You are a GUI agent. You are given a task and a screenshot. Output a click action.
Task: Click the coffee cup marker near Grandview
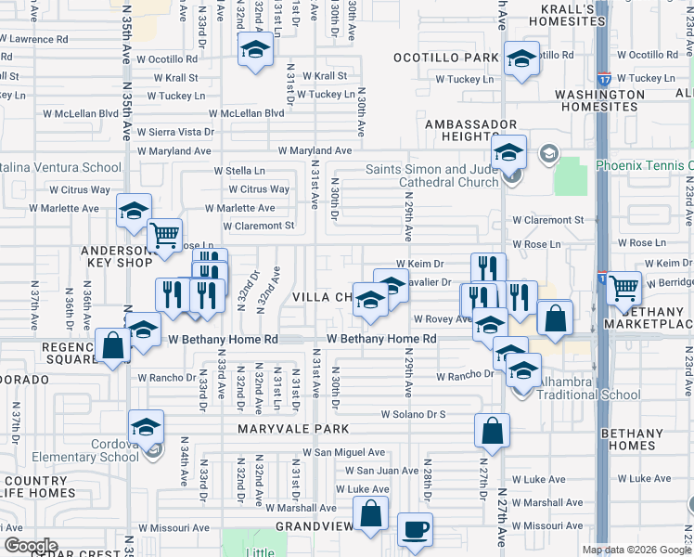click(415, 529)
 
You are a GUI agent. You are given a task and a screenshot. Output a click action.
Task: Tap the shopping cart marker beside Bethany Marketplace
click(624, 288)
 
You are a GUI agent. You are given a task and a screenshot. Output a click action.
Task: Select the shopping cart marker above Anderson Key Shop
click(165, 236)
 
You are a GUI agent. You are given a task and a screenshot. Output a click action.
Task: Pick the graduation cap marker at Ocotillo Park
click(521, 58)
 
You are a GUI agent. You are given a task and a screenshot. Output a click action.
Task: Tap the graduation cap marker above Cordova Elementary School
click(146, 427)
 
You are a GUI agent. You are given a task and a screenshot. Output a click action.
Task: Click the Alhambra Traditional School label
click(584, 393)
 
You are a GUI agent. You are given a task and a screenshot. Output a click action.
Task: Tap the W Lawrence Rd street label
click(34, 40)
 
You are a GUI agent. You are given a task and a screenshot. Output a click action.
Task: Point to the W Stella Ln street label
click(239, 171)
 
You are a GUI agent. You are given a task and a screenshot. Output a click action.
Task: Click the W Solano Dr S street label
click(413, 414)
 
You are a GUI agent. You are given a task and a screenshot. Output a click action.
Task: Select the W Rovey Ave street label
click(443, 318)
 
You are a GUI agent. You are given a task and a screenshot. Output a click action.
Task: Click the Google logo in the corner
click(30, 546)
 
